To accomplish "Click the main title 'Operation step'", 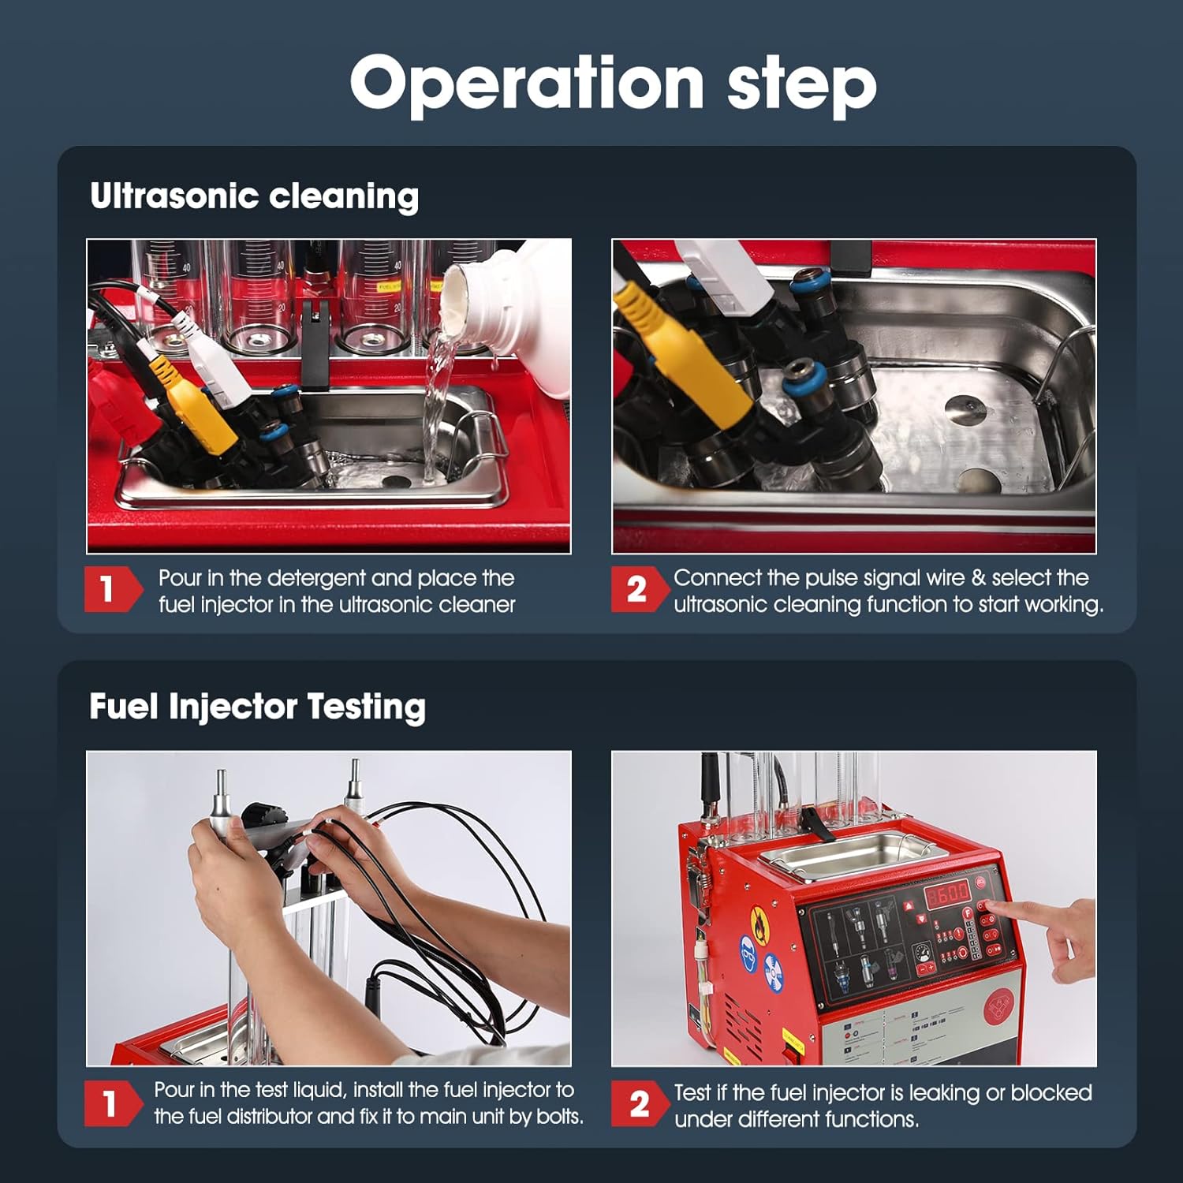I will click(x=613, y=84).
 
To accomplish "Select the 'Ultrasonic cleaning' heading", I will click(x=254, y=196).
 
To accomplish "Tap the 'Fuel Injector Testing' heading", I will click(x=257, y=706).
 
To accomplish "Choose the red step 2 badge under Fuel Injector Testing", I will click(x=637, y=1103).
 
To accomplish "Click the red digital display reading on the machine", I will click(x=947, y=894).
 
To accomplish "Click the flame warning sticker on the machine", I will click(x=758, y=920).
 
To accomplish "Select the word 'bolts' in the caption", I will click(x=559, y=1117).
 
